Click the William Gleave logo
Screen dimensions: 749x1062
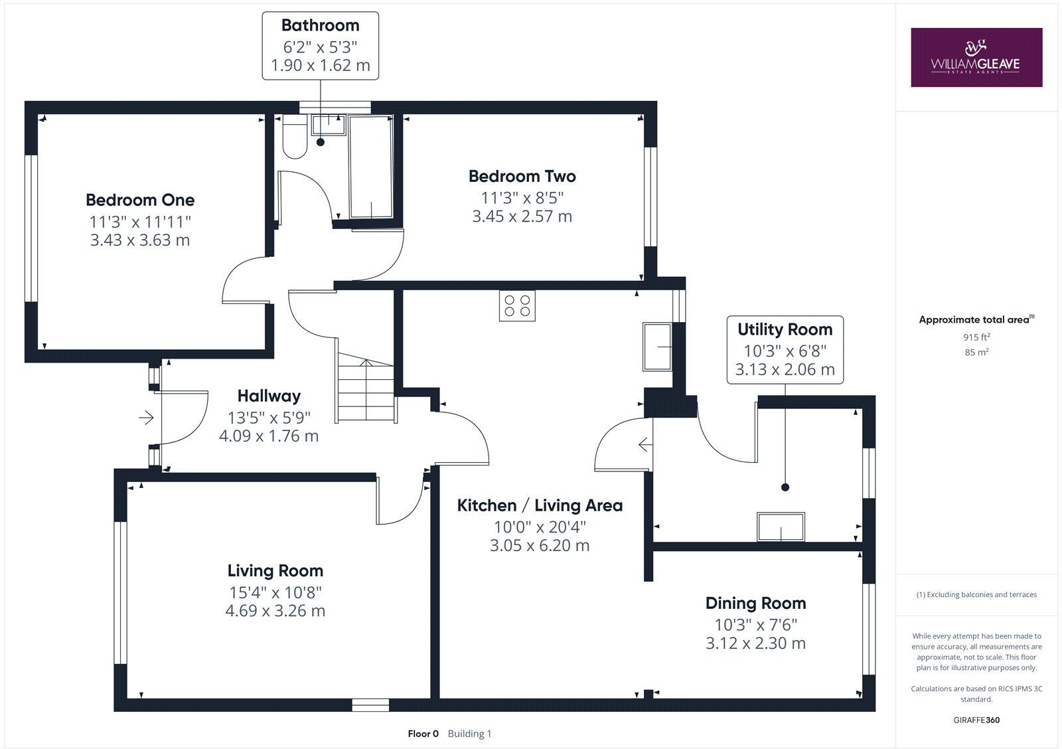[x=976, y=57]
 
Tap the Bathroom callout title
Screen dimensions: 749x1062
[x=320, y=25]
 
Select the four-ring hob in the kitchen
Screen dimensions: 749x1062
[x=517, y=306]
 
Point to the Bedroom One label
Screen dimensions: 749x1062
[x=140, y=200]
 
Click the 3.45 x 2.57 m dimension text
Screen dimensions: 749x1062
[x=522, y=216]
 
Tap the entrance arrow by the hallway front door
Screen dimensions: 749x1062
[x=146, y=418]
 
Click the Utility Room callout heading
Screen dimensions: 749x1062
[x=785, y=329]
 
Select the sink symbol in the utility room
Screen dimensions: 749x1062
[x=781, y=527]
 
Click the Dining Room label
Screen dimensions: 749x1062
[x=755, y=604]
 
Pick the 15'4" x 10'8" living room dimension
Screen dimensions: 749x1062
[x=275, y=592]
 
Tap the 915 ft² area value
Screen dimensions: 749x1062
[x=976, y=337]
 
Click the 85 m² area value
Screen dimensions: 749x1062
[x=976, y=353]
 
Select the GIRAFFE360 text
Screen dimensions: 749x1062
[x=976, y=720]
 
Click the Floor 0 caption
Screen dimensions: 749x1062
[x=423, y=734]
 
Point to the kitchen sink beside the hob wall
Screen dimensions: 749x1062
[x=657, y=347]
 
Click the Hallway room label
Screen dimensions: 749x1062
[x=269, y=396]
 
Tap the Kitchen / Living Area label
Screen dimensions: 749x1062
[x=540, y=506]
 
